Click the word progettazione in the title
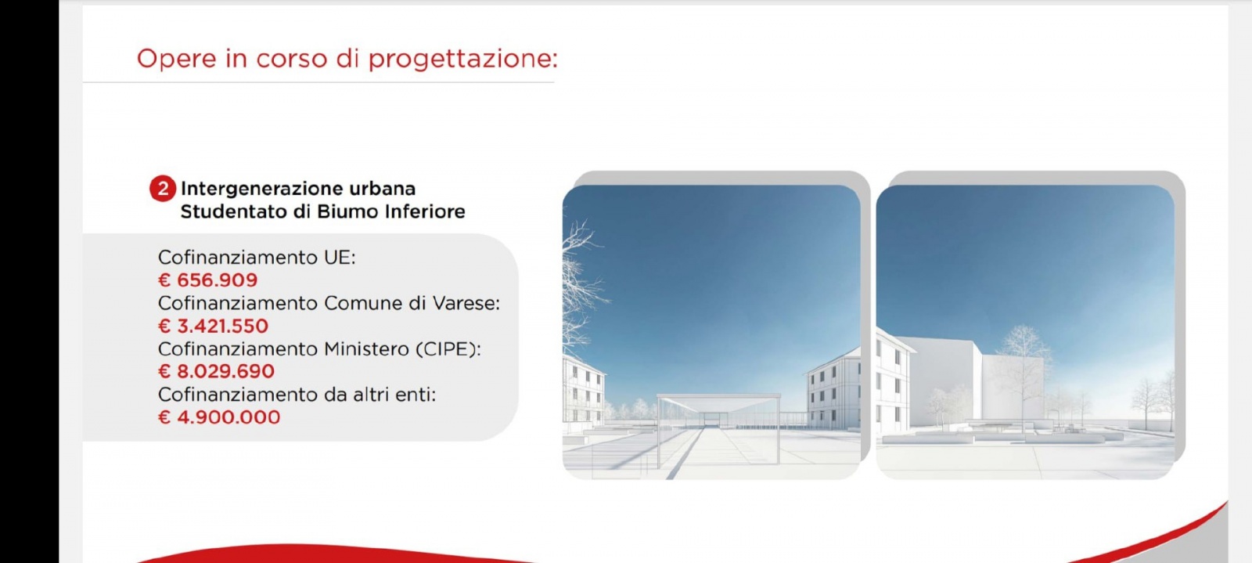[x=462, y=60]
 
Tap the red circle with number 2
[x=163, y=189]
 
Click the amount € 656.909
[x=208, y=280]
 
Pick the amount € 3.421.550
[x=214, y=326]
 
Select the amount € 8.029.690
[x=217, y=371]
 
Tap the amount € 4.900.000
[x=219, y=417]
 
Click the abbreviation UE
[x=339, y=258]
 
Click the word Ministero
[x=366, y=349]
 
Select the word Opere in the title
[x=176, y=60]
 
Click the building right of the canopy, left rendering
[x=833, y=392]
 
